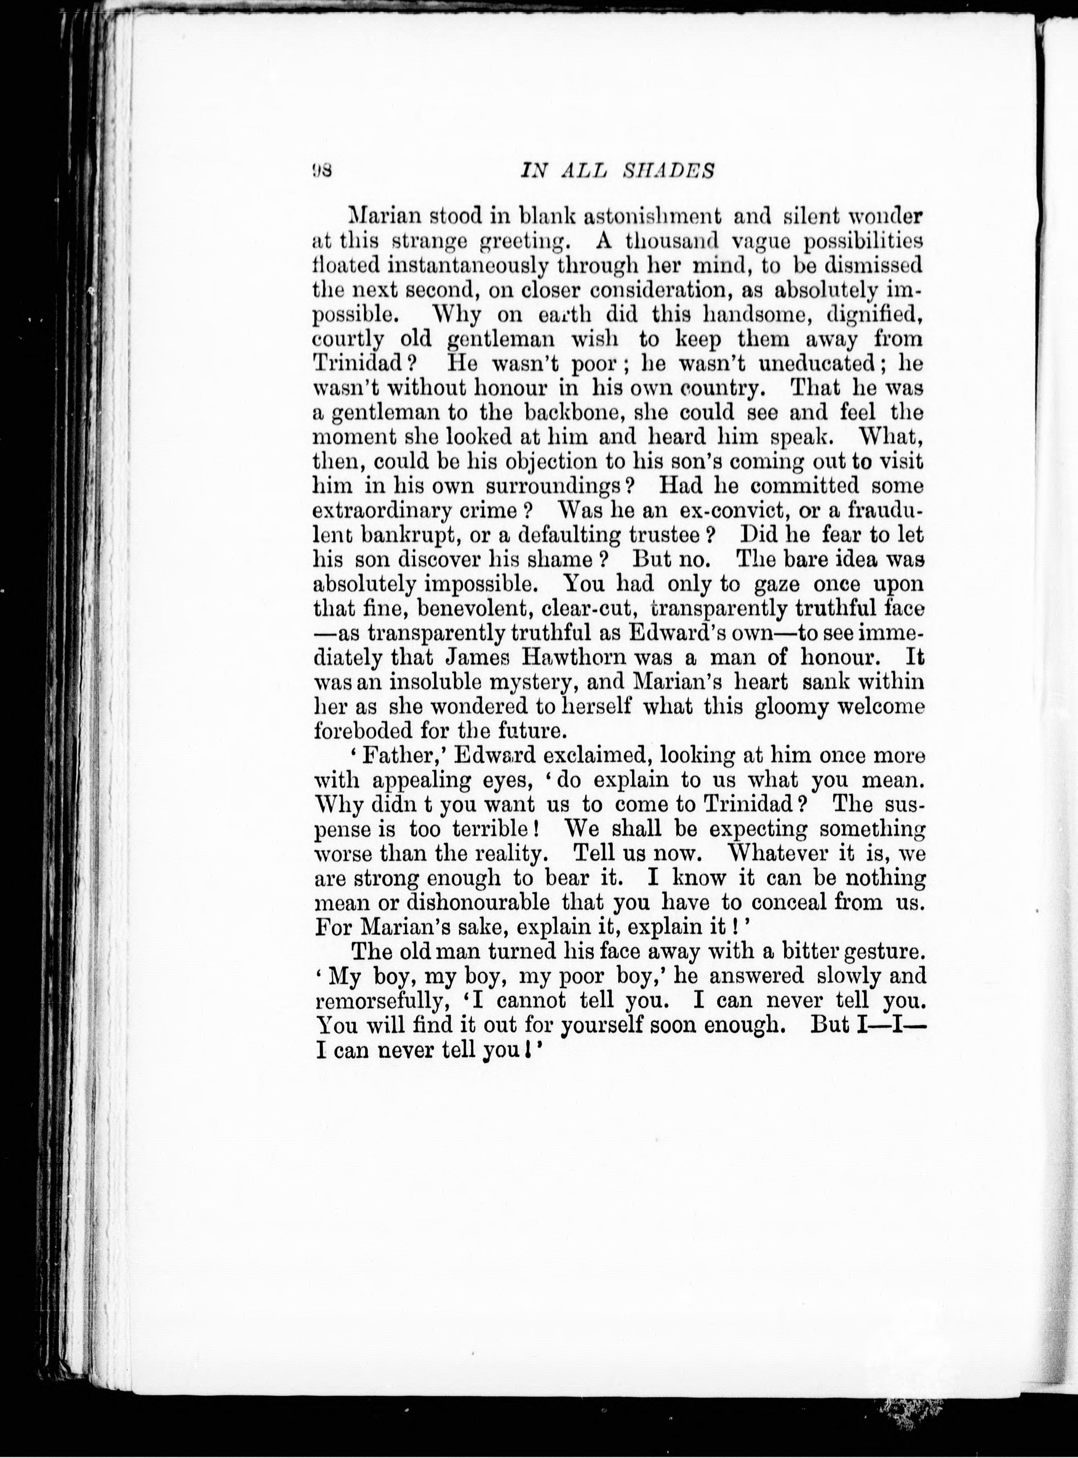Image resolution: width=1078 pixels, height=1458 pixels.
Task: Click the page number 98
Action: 322,171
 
